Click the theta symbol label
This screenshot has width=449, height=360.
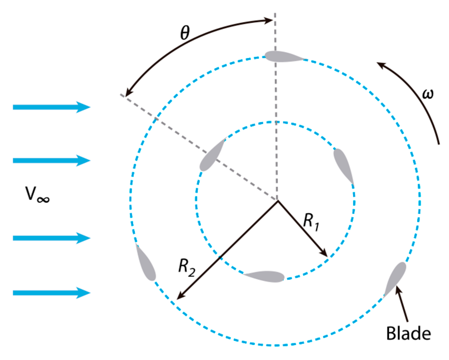point(185,32)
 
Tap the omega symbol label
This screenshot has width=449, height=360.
point(427,93)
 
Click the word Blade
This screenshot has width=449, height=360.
point(408,333)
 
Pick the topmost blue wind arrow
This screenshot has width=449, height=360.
point(52,107)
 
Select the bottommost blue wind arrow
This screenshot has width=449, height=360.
point(52,293)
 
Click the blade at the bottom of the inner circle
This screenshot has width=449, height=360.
point(266,276)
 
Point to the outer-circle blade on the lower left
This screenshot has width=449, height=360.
point(146,263)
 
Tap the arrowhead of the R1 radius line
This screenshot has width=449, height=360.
point(325,254)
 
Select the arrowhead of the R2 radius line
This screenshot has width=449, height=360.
point(179,297)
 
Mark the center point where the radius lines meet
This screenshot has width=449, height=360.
point(277,200)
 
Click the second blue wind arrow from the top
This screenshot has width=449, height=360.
point(52,160)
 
